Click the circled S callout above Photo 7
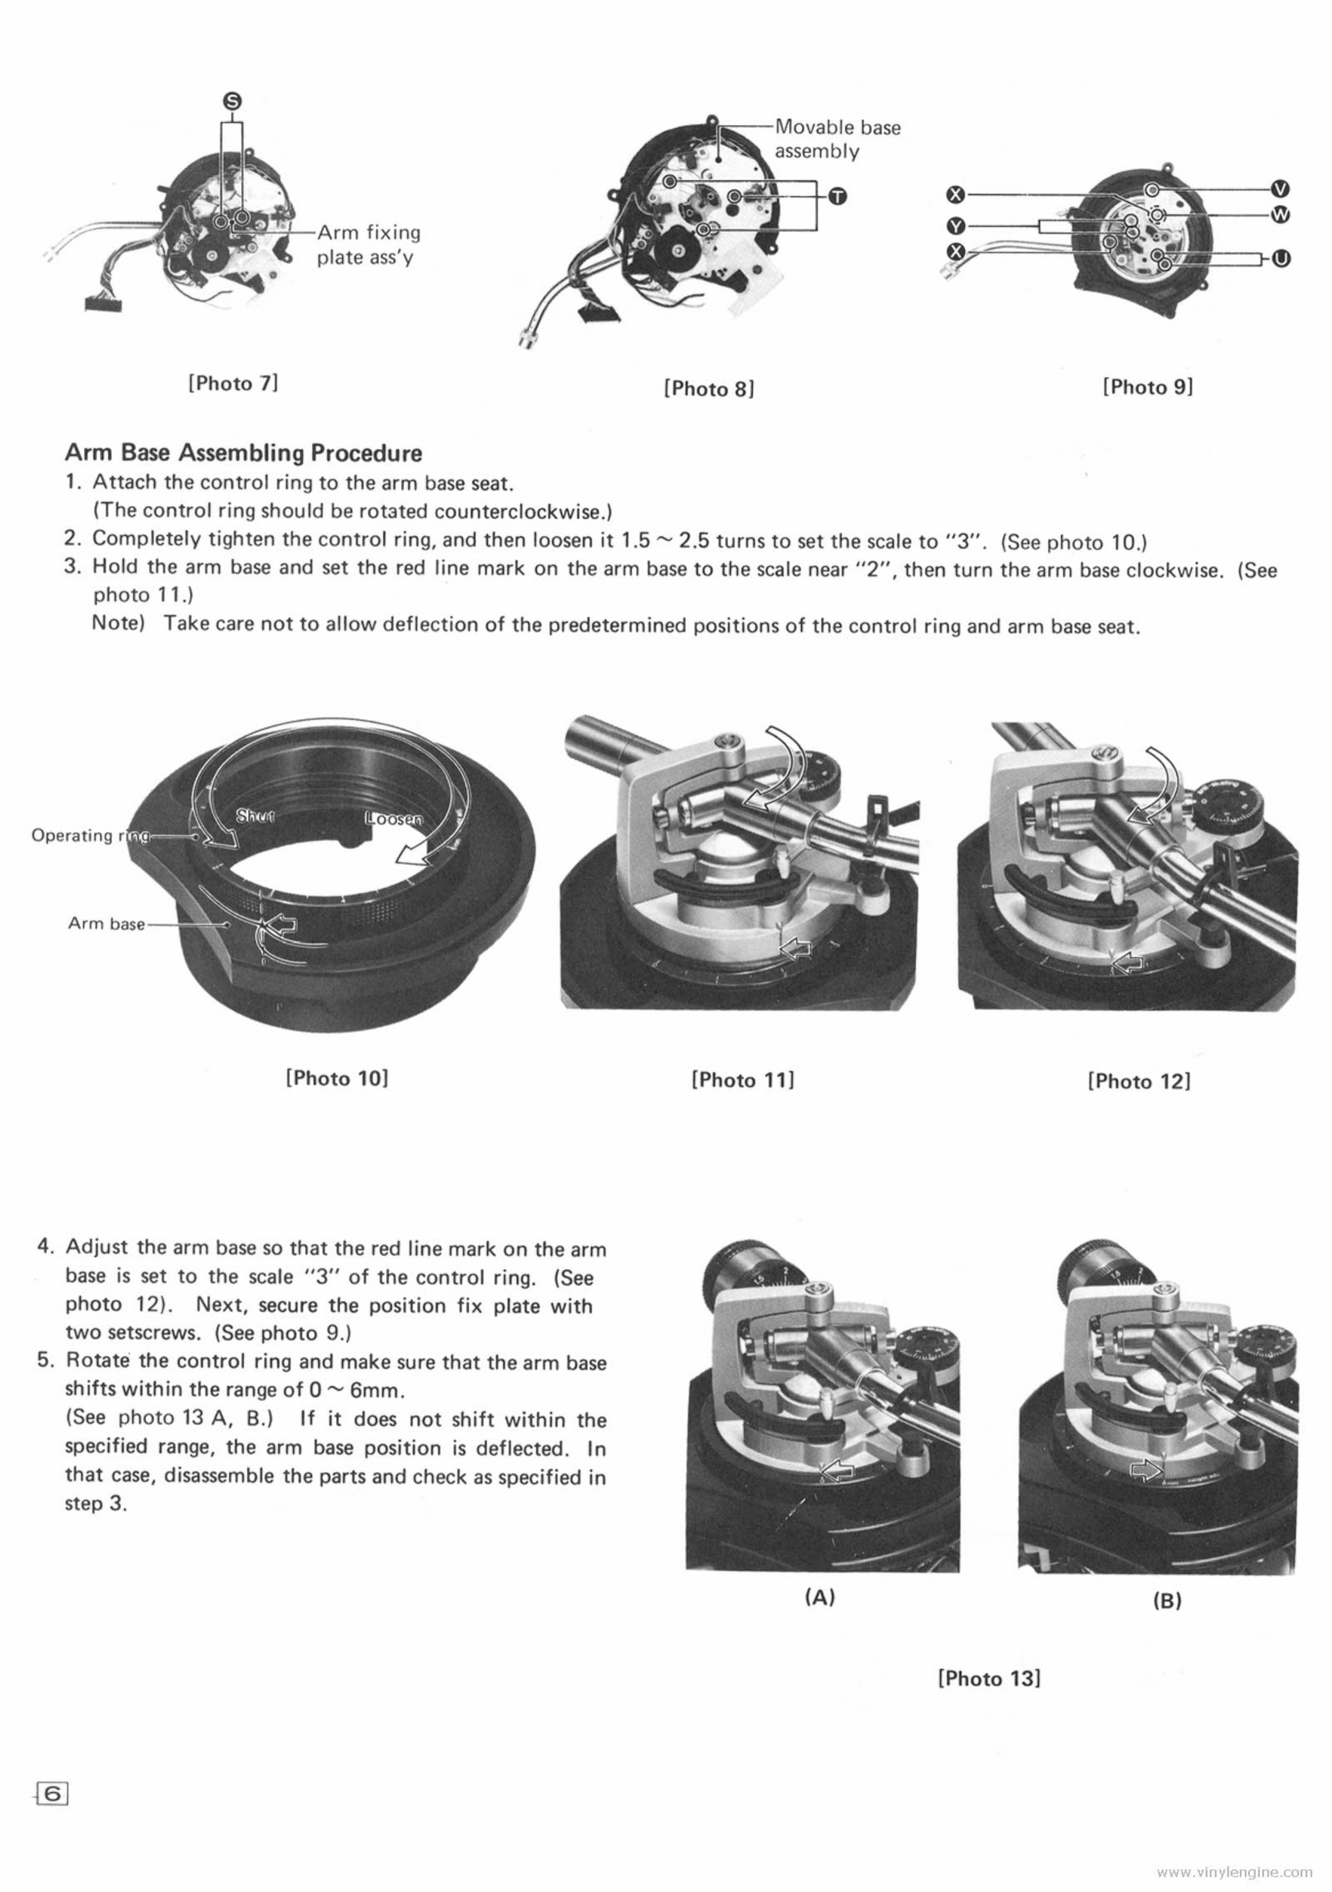click(x=232, y=100)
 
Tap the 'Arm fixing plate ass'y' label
click(x=368, y=245)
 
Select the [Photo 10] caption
click(x=336, y=1078)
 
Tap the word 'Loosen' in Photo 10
click(x=393, y=819)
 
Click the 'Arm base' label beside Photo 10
click(x=106, y=924)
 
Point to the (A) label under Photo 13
click(x=819, y=1597)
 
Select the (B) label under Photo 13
click(x=1167, y=1600)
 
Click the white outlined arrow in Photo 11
click(x=795, y=950)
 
